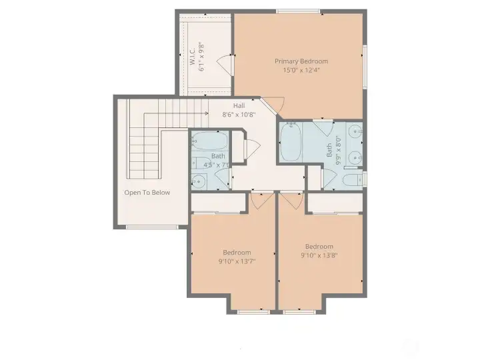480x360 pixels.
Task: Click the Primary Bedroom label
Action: [301, 61]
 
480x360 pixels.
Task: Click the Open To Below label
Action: [147, 193]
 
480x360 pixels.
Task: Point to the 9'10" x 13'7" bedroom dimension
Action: [237, 261]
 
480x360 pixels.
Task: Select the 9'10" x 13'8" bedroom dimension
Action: [319, 255]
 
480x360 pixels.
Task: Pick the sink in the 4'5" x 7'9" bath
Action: [198, 179]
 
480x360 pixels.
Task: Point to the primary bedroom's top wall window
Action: [297, 11]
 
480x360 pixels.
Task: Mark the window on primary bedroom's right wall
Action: [365, 65]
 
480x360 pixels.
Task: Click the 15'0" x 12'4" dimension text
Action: [301, 70]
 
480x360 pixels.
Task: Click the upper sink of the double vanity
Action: [355, 131]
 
